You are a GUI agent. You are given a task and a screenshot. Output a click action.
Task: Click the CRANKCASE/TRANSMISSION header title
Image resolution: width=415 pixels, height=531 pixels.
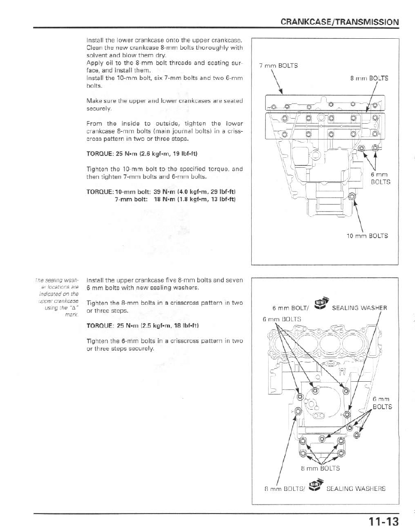point(339,22)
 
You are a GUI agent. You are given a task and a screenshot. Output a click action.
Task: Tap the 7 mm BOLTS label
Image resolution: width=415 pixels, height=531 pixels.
point(279,66)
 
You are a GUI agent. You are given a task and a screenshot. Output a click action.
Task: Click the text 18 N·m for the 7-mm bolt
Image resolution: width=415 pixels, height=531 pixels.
point(164,199)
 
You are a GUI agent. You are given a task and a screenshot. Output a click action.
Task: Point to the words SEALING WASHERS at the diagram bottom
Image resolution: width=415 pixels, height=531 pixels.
point(356,488)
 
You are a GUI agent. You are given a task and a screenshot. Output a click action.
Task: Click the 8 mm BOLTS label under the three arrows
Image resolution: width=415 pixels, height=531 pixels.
point(320,469)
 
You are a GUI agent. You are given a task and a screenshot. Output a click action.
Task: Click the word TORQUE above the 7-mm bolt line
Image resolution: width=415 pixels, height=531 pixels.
point(99,192)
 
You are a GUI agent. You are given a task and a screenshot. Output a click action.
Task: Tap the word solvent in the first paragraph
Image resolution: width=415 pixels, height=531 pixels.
point(97,55)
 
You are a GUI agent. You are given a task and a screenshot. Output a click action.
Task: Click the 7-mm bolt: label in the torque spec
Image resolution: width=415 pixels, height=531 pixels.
point(130,199)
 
